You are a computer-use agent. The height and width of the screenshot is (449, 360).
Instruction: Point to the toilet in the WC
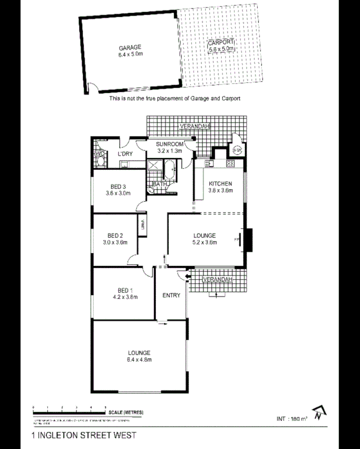[x=99, y=162]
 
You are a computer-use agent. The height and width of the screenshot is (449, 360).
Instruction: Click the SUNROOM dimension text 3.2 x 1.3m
[x=170, y=151]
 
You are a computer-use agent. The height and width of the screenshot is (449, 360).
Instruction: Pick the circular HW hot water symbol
[x=237, y=150]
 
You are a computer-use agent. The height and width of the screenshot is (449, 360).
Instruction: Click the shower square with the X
[x=154, y=165]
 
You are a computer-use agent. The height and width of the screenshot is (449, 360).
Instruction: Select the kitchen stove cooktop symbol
[x=230, y=163]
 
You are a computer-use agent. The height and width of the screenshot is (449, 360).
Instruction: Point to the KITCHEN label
[x=220, y=183]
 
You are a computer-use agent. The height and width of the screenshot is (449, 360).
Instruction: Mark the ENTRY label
[x=171, y=295]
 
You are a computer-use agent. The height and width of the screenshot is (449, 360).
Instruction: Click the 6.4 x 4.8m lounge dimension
[x=139, y=359]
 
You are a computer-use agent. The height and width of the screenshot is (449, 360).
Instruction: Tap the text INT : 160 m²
[x=292, y=418]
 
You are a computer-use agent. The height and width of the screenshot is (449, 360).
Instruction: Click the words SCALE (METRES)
[x=126, y=412]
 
